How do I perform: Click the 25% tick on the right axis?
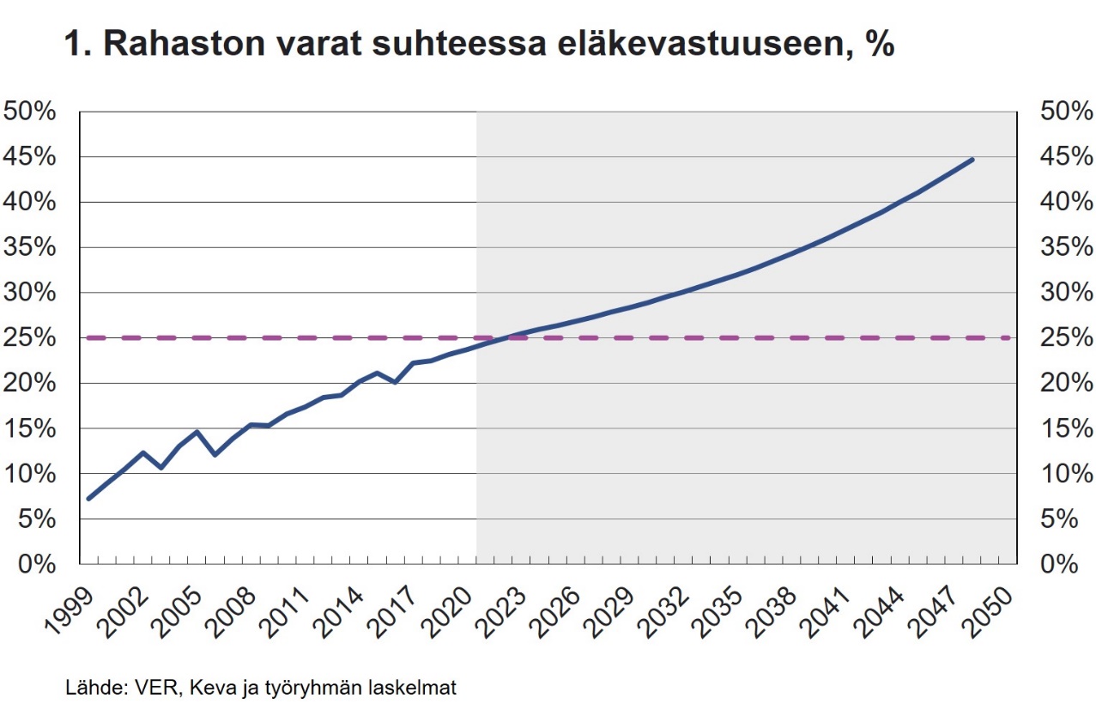coord(1066,338)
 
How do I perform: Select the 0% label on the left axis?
coord(37,564)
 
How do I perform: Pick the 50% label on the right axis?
coord(1066,112)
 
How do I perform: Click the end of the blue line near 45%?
coord(972,159)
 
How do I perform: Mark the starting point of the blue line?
coord(88,498)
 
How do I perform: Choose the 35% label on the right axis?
coord(1066,247)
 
